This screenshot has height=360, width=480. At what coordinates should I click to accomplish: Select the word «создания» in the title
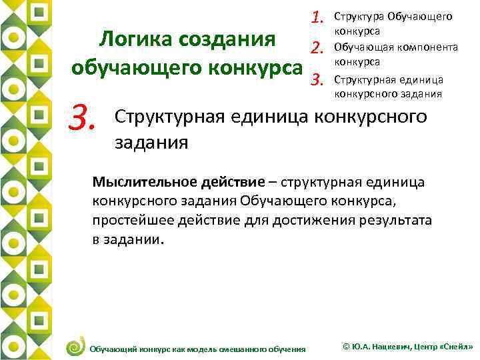coord(226,39)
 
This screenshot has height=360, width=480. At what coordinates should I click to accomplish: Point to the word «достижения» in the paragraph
coord(303,220)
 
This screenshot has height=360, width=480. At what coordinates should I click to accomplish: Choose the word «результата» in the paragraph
coord(395,220)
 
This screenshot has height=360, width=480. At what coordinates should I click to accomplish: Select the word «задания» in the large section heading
coord(152,142)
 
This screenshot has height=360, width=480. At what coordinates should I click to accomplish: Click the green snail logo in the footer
coord(75,345)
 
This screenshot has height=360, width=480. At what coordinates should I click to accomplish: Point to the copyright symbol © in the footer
coord(345,347)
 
